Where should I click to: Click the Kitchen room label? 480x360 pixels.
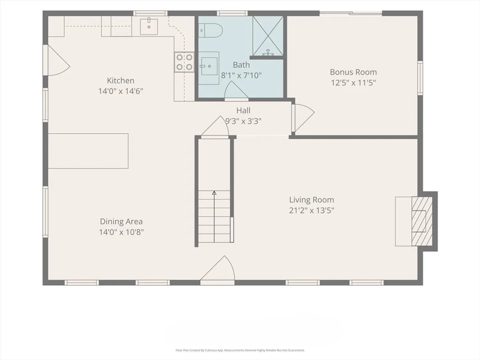point(120,81)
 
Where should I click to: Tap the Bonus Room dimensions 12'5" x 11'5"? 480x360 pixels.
point(353,83)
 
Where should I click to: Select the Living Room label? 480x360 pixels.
point(312,200)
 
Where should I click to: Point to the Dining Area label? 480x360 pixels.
point(121,222)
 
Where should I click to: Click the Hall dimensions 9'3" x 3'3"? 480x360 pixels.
point(243,121)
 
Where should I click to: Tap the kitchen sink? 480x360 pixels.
point(149,26)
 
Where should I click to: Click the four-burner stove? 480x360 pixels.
point(184,62)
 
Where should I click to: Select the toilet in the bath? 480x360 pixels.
point(211,31)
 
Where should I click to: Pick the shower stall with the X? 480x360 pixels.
point(268,36)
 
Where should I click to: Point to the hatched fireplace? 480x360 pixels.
point(422,221)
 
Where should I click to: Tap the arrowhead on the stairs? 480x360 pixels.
point(214,193)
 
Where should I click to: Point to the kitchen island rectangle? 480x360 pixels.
point(88,151)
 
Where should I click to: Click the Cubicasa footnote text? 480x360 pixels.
point(240,350)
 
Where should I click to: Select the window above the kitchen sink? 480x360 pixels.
point(150,13)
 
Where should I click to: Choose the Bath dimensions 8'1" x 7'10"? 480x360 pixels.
point(241,76)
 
